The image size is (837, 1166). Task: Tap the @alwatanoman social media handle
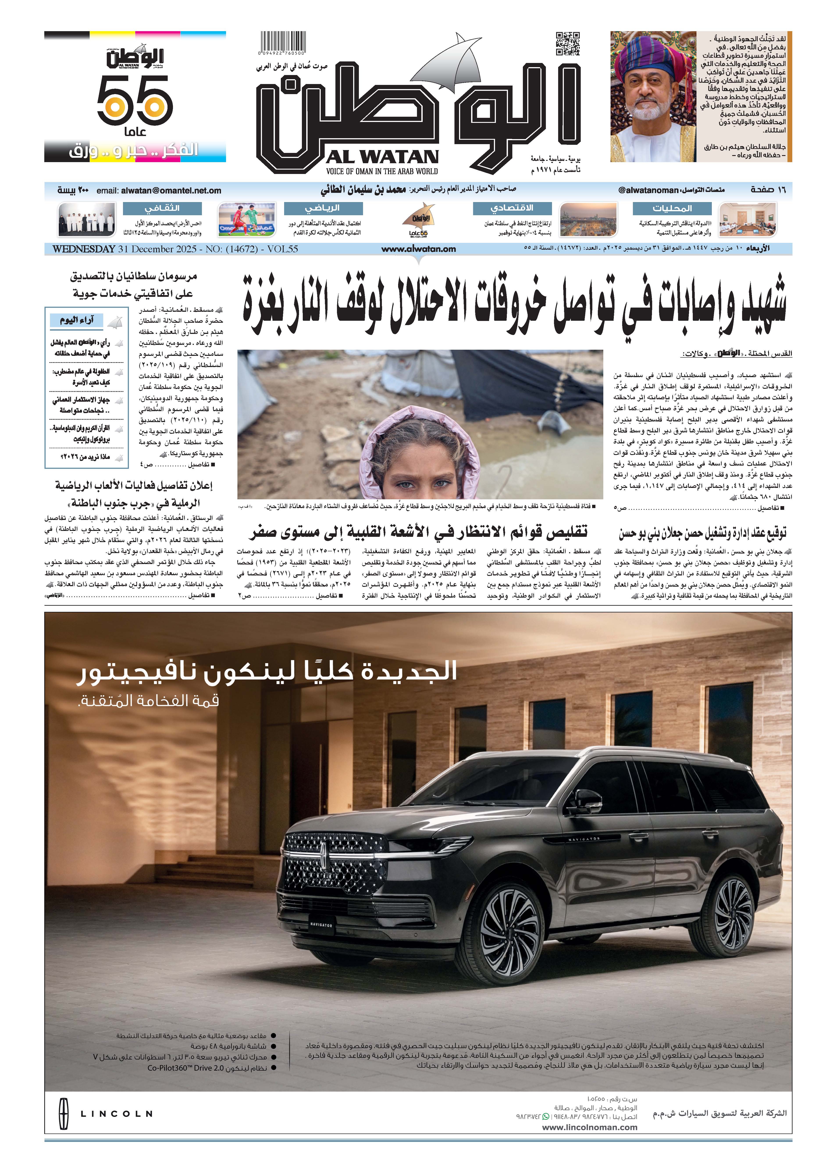tap(648, 190)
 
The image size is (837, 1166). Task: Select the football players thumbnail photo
tap(247, 220)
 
